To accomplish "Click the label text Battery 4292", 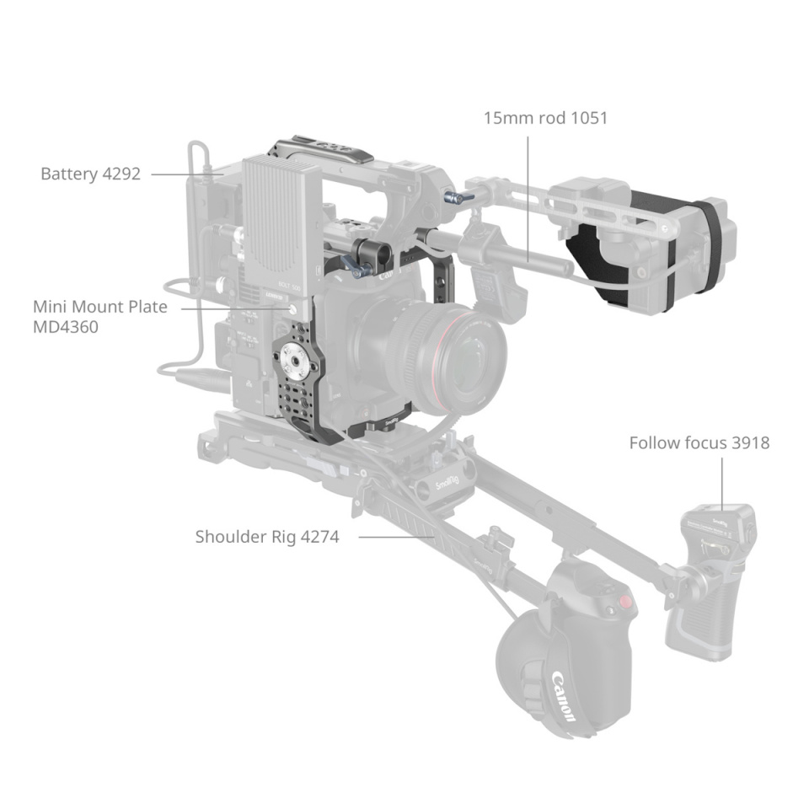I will [90, 174].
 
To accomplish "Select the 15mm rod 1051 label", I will [545, 118].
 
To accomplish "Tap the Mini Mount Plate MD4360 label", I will [99, 316].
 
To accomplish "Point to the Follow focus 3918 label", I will [699, 442].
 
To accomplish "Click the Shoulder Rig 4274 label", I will [267, 536].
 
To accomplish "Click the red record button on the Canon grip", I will [624, 603].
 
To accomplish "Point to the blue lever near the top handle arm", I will [458, 199].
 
